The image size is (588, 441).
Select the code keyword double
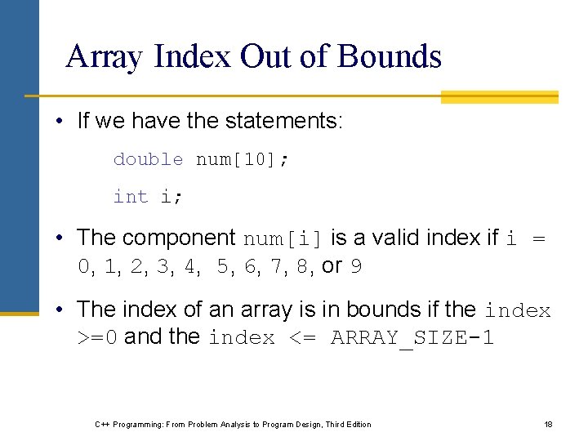[149, 159]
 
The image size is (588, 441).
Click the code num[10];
[243, 159]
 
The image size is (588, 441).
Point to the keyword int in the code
[131, 197]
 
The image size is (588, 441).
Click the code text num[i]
[284, 238]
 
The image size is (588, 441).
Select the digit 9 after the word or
[356, 266]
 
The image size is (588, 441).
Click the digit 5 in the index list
[223, 266]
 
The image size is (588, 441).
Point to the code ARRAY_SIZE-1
[412, 337]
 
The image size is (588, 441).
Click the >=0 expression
[97, 337]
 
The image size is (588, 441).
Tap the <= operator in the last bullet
[303, 337]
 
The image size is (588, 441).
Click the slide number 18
[548, 424]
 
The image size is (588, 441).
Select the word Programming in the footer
[137, 424]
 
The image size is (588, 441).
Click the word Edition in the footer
[356, 424]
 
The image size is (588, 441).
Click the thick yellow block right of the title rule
[499, 97]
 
